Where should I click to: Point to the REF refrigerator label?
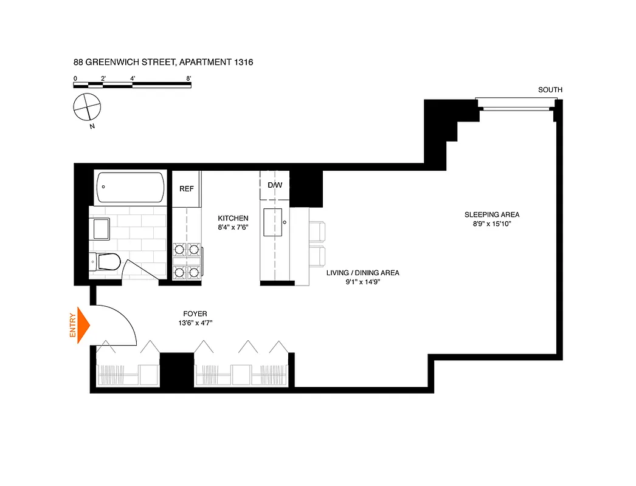click(186, 189)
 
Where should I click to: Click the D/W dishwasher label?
click(275, 185)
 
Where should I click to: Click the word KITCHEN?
click(233, 218)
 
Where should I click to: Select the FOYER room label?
click(195, 314)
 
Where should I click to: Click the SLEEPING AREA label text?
click(492, 214)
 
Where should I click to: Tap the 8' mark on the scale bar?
click(189, 78)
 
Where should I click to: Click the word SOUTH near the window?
click(550, 90)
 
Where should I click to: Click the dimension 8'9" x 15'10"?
click(492, 224)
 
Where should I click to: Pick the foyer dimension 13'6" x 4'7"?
click(195, 323)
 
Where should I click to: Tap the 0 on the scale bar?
click(75, 78)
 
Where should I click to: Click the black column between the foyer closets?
click(176, 370)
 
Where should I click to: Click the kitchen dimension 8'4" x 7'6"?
click(233, 228)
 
